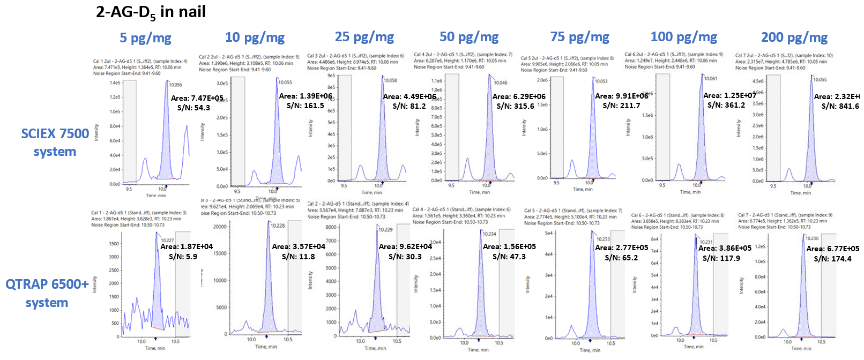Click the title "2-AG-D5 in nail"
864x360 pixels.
[151, 12]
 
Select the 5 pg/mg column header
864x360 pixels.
[145, 38]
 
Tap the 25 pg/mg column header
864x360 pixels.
[364, 37]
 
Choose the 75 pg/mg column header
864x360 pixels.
[579, 37]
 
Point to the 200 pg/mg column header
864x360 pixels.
[794, 37]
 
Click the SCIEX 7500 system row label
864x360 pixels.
[55, 142]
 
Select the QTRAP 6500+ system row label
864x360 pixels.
[47, 293]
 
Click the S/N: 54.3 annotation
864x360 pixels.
[193, 108]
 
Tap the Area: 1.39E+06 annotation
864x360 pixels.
[306, 96]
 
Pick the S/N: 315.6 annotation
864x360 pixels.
[515, 106]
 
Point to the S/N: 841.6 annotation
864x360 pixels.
[840, 106]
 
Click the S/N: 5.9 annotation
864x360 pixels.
[183, 257]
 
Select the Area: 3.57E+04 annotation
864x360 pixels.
[299, 246]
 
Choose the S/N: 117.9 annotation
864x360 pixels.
[721, 258]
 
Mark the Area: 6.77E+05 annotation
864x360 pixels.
[832, 249]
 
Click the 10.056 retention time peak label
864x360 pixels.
[175, 85]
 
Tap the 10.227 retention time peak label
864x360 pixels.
[167, 241]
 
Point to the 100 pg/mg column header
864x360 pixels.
[683, 37]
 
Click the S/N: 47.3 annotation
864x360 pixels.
[509, 257]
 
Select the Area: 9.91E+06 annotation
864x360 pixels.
[621, 96]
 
